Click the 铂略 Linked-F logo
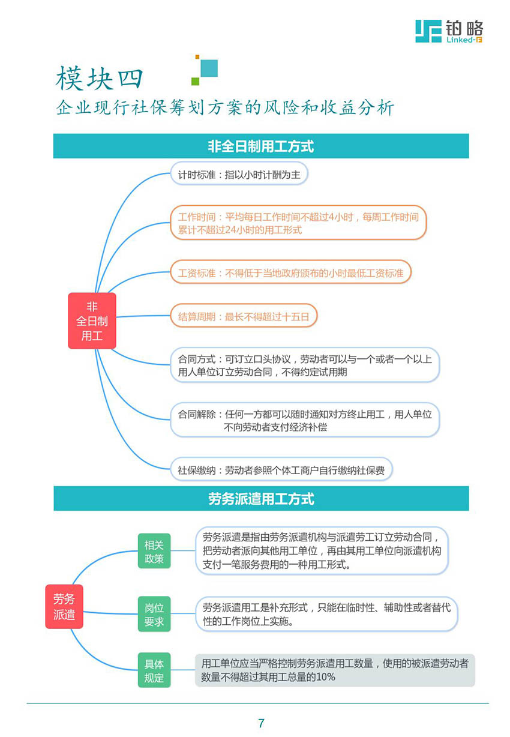pyautogui.click(x=449, y=31)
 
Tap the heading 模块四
pyautogui.click(x=99, y=78)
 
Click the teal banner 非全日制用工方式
pyautogui.click(x=261, y=146)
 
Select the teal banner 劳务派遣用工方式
pyautogui.click(x=261, y=498)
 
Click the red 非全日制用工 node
pyautogui.click(x=92, y=321)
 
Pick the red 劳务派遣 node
pyautogui.click(x=64, y=606)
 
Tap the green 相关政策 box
pyautogui.click(x=154, y=551)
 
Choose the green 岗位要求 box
pyautogui.click(x=154, y=614)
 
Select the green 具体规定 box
pyautogui.click(x=154, y=670)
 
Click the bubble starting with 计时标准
pyautogui.click(x=239, y=173)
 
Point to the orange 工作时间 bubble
pyautogui.click(x=298, y=223)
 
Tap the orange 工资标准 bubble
pyautogui.click(x=291, y=272)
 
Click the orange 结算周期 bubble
pyautogui.click(x=244, y=316)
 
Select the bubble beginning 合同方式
pyautogui.click(x=305, y=365)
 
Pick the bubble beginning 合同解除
pyautogui.click(x=305, y=420)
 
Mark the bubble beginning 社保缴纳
pyautogui.click(x=281, y=469)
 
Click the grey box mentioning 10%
pyautogui.click(x=335, y=670)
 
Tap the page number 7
pyautogui.click(x=261, y=723)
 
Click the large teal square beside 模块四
pyautogui.click(x=209, y=68)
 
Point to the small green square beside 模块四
pyautogui.click(x=195, y=81)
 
